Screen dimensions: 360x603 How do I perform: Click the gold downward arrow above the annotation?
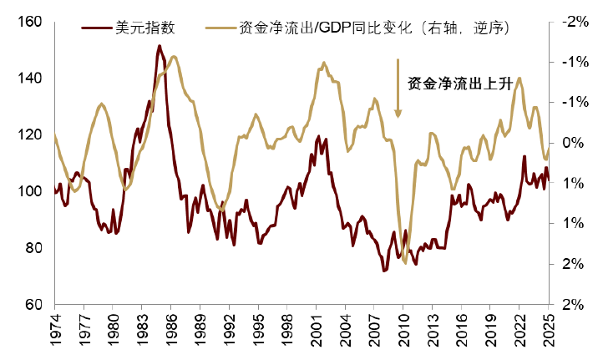399,88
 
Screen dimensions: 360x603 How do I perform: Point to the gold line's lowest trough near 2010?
406,263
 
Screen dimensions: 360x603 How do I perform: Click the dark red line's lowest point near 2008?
384,271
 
